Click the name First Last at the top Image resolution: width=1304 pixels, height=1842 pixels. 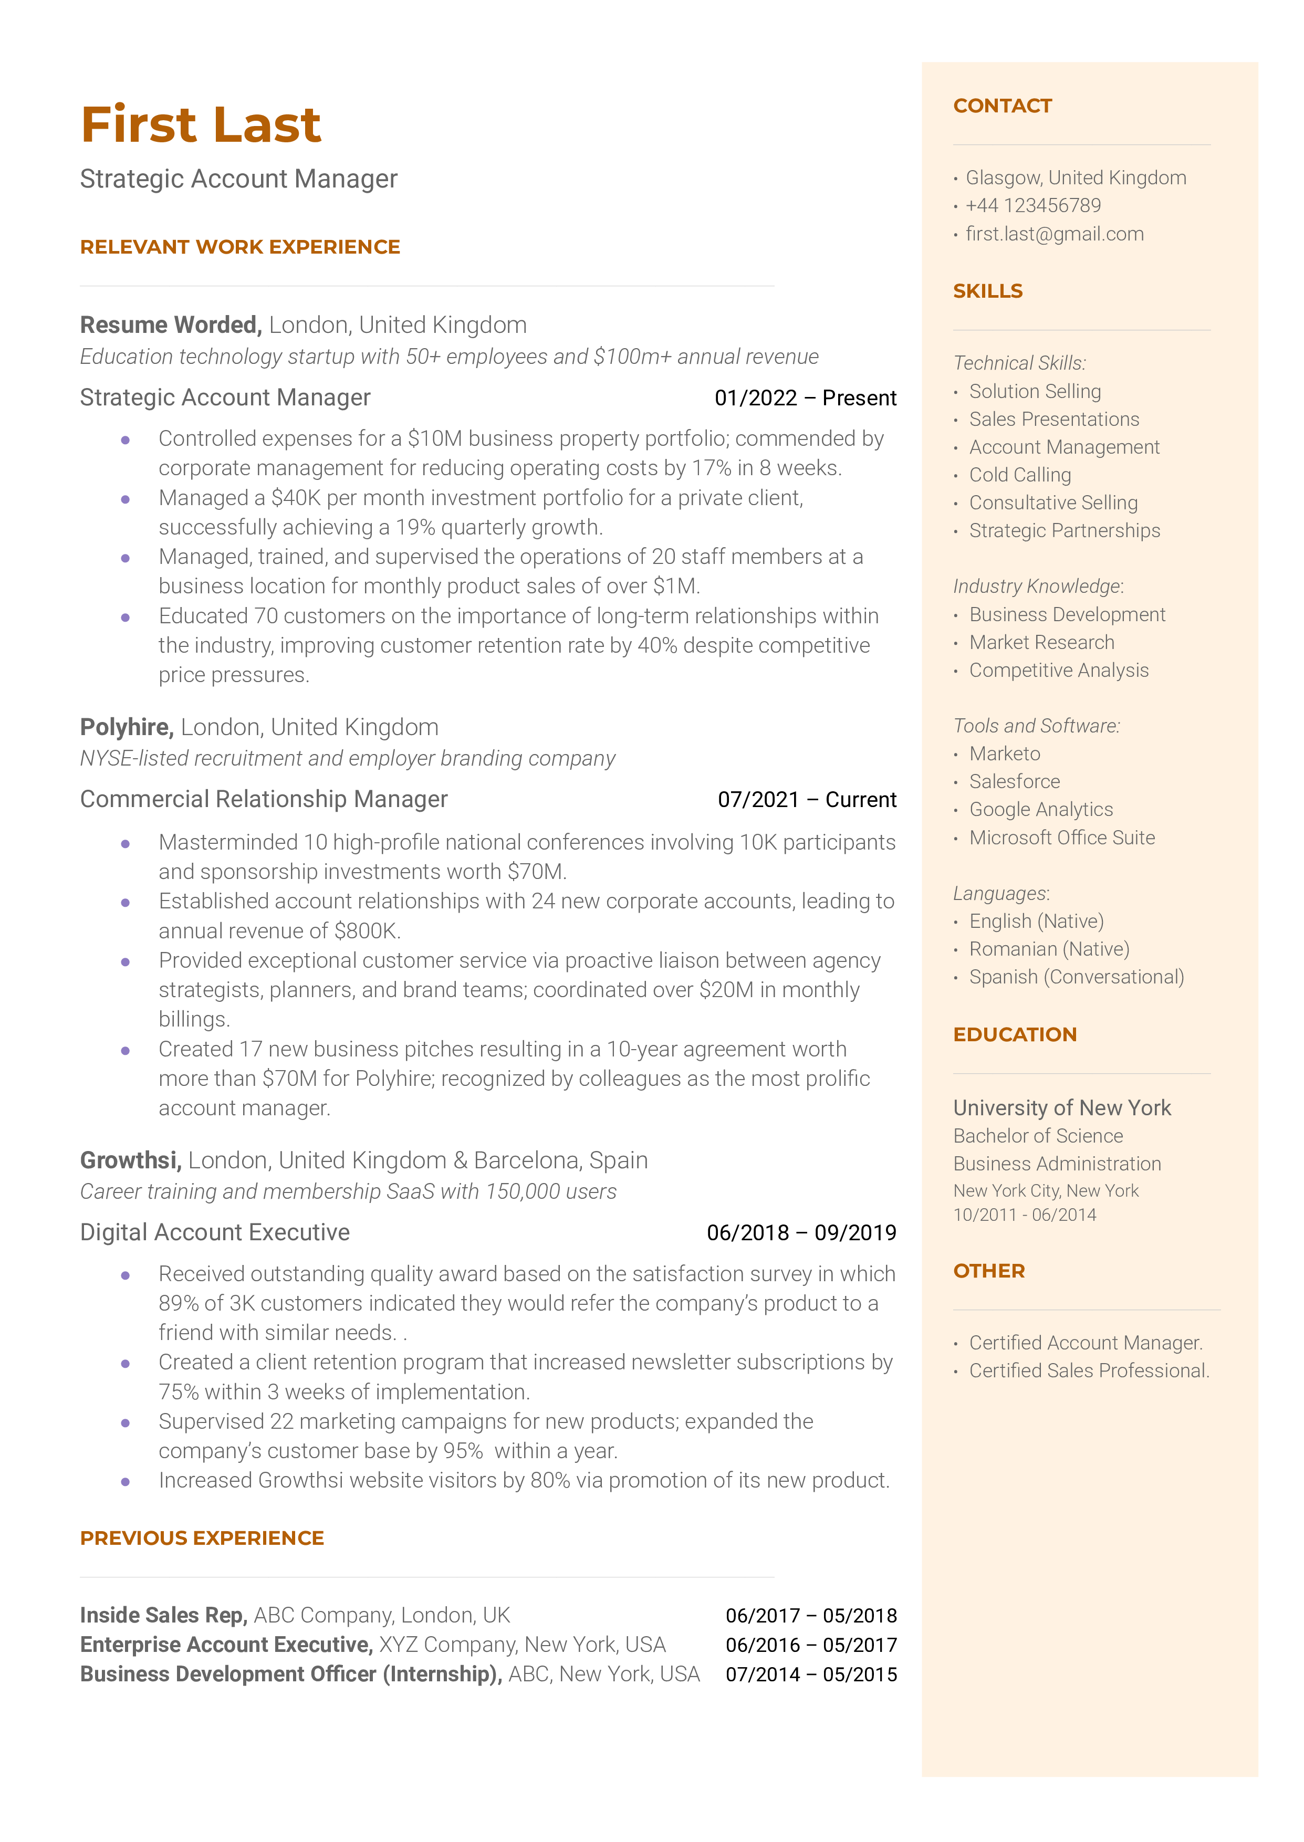(x=201, y=125)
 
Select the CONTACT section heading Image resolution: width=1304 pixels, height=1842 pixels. (x=1002, y=106)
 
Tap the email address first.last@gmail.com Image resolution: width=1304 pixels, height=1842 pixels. (x=1053, y=234)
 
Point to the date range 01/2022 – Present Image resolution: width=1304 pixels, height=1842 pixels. (x=805, y=398)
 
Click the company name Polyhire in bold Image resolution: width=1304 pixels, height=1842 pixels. (x=126, y=727)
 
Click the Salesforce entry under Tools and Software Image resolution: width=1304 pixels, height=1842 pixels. (x=1014, y=782)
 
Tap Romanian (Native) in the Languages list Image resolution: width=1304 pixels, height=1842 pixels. (x=1049, y=949)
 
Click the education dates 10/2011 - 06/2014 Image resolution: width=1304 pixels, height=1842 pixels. (x=1024, y=1215)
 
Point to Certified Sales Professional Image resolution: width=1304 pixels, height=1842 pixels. (x=1089, y=1371)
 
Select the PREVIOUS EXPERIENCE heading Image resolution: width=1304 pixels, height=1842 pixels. (x=202, y=1538)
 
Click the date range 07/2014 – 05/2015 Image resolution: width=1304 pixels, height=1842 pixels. (x=811, y=1675)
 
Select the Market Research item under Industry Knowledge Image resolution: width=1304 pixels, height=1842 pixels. (x=1041, y=643)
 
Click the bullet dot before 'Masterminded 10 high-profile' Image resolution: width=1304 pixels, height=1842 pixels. (x=126, y=843)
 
